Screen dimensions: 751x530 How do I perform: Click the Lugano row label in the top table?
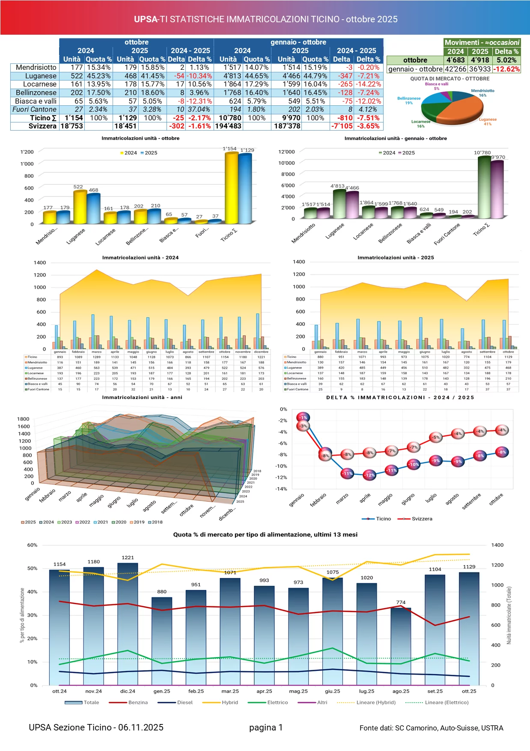point(41,76)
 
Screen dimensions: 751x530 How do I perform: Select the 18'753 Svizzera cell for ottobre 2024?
point(71,126)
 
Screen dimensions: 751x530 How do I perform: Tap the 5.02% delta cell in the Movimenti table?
point(506,60)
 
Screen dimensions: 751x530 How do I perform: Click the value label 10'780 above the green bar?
point(482,153)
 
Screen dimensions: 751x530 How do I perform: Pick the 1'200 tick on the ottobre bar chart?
point(27,152)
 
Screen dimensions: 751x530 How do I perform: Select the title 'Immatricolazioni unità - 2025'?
point(396,258)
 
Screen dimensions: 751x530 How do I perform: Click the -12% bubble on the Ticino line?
point(369,475)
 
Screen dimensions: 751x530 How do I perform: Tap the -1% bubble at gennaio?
point(303,417)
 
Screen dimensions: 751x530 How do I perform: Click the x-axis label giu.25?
point(333,691)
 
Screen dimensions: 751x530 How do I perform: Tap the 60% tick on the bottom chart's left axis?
point(33,545)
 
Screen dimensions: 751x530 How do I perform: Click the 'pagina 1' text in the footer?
point(266,728)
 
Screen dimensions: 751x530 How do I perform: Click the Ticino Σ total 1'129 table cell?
point(127,118)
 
